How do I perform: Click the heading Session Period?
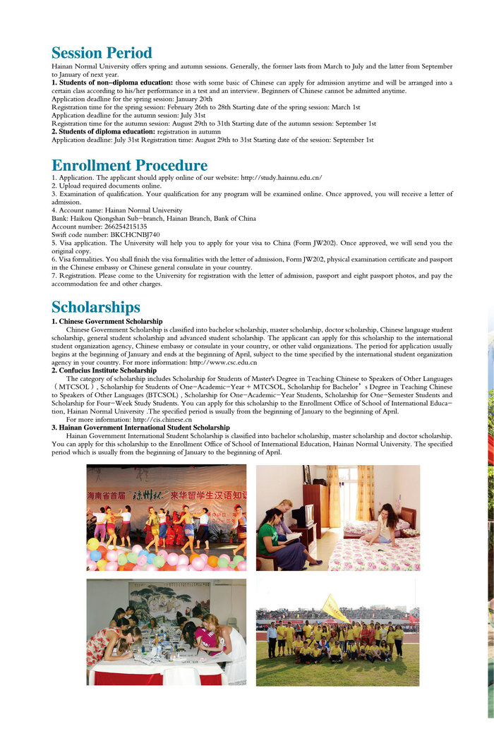102,53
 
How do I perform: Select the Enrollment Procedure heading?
130,165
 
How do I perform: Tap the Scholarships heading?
96,307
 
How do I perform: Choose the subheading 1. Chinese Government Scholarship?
107,322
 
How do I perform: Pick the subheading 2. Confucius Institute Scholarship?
104,370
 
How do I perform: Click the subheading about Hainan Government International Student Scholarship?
140,428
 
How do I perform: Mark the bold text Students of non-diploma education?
112,83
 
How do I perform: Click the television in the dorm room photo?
303,516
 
